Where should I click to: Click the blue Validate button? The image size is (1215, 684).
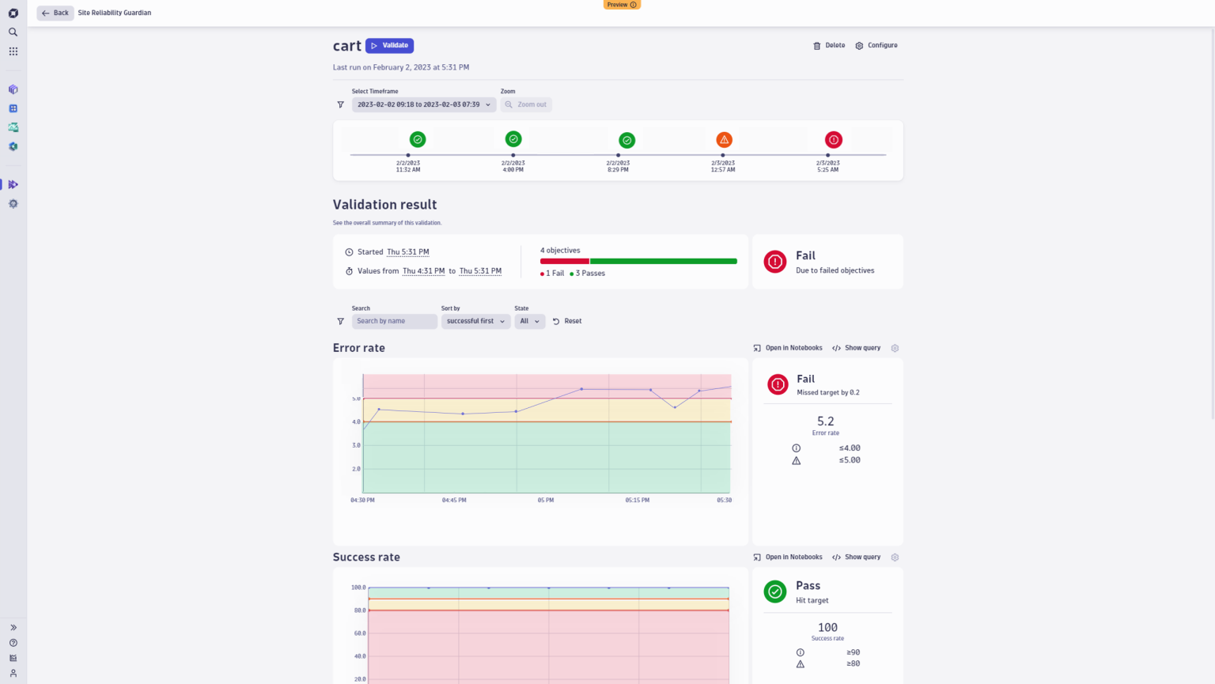[x=389, y=46]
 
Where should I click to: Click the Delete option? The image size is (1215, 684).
[x=829, y=46]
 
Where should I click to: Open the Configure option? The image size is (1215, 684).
[x=876, y=46]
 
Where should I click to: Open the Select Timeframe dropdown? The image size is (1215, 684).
[x=423, y=104]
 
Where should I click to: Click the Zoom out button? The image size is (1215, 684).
[x=526, y=104]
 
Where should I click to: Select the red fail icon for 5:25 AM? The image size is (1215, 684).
[x=833, y=140]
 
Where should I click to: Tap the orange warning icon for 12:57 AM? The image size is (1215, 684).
[x=724, y=140]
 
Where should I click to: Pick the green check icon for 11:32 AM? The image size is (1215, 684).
[x=418, y=140]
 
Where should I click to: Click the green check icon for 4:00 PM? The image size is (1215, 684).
[x=513, y=139]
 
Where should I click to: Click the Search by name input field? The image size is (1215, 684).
[x=394, y=321]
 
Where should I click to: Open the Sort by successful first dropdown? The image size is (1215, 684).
[x=475, y=321]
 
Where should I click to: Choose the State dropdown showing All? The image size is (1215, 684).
[x=529, y=321]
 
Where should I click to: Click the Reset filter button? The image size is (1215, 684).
[x=567, y=321]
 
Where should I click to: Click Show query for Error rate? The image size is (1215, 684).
[x=856, y=348]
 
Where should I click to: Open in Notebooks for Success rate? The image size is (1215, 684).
[x=788, y=557]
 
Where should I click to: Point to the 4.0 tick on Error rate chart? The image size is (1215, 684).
[x=356, y=422]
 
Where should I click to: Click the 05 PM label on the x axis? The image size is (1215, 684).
[x=546, y=501]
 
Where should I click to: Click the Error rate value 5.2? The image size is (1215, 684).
[x=825, y=421]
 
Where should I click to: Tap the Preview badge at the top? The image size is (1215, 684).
[x=622, y=5]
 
